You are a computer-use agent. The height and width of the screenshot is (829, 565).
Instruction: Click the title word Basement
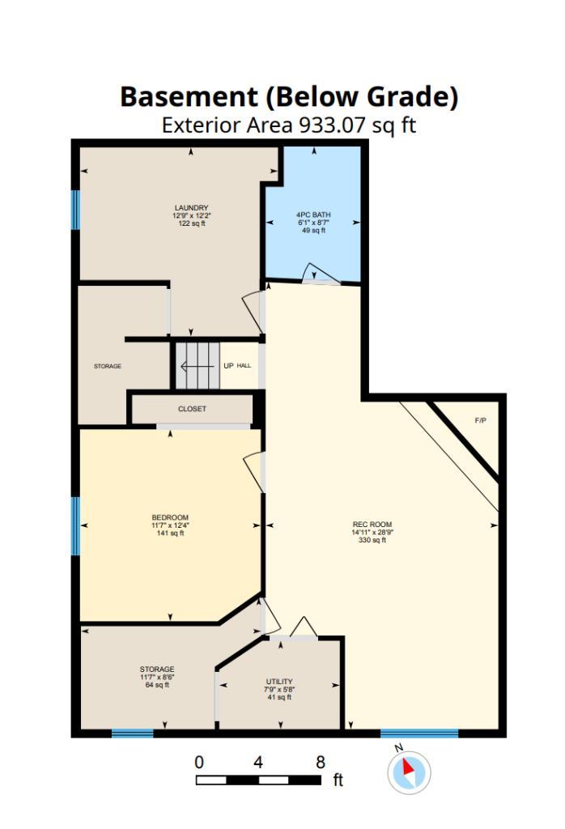[x=188, y=97]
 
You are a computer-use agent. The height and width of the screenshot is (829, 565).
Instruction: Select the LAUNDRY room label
[x=191, y=208]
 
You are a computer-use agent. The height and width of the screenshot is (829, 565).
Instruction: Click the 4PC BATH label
[x=313, y=215]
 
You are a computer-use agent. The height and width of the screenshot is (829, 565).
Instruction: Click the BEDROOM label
[x=170, y=518]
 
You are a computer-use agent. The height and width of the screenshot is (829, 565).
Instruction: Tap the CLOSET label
[x=192, y=409]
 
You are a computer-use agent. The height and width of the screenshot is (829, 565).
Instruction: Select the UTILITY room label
[x=279, y=682]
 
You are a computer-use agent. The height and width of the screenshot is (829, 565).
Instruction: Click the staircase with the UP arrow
[x=198, y=365]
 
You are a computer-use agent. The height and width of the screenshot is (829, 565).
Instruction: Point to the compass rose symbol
[x=409, y=772]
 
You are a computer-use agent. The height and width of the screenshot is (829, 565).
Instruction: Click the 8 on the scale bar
[x=320, y=762]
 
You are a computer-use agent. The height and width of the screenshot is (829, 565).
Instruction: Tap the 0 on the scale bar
[x=199, y=762]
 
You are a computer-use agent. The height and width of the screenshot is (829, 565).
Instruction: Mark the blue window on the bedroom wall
[x=75, y=525]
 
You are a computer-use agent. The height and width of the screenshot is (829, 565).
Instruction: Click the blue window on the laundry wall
[x=75, y=209]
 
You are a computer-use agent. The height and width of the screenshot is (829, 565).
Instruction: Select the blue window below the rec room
[x=419, y=733]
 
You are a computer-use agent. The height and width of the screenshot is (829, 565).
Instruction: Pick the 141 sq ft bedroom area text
[x=170, y=534]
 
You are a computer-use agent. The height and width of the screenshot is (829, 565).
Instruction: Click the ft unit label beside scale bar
[x=338, y=780]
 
